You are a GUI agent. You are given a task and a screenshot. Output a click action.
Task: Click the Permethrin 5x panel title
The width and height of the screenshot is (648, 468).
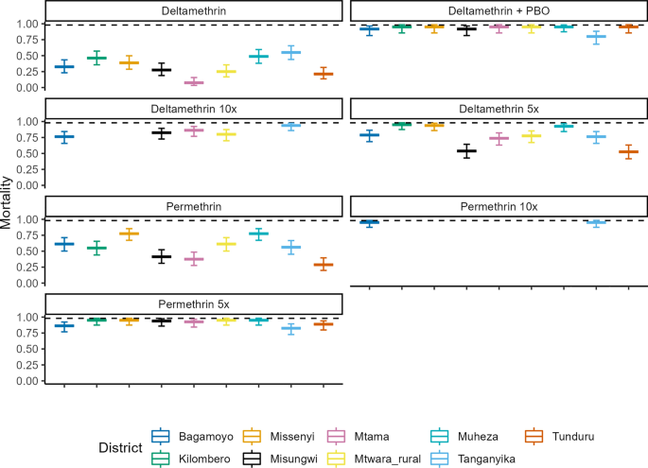coord(194,303)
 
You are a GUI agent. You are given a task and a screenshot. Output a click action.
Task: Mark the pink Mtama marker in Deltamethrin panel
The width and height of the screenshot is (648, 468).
coord(194,82)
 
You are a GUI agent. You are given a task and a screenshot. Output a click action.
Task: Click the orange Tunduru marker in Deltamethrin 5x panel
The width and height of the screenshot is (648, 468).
coord(628,151)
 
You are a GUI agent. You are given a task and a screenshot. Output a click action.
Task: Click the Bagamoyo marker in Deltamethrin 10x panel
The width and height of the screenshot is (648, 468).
coord(63,137)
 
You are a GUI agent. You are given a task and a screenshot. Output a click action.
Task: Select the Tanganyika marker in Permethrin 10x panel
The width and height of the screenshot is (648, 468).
coord(596,223)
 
